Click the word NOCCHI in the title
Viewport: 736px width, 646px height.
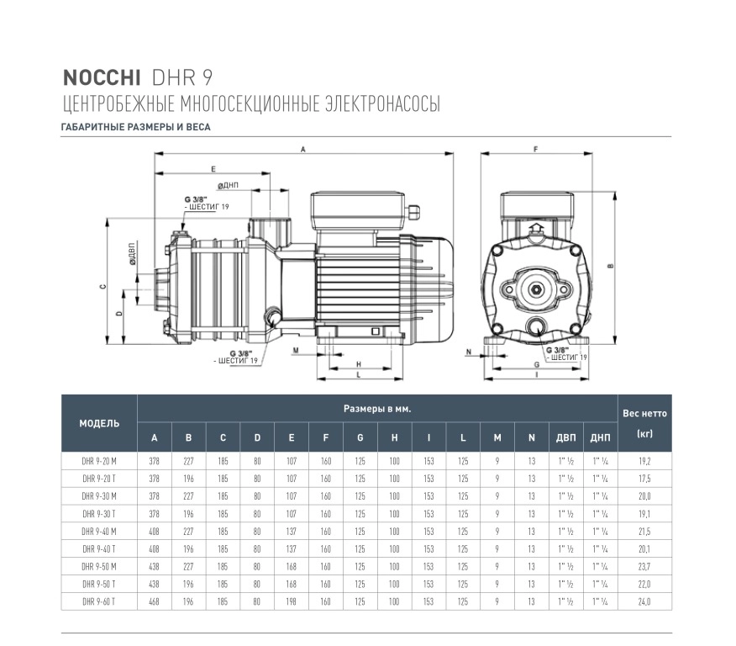pos(102,78)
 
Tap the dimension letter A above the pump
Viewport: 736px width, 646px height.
pos(303,150)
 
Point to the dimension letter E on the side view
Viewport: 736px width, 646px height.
pos(213,169)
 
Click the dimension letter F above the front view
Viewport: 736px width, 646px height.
pos(535,150)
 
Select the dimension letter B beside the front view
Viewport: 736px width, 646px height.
pos(610,266)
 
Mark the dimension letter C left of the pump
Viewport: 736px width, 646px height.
pos(103,287)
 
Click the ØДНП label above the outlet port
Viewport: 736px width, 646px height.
pos(229,185)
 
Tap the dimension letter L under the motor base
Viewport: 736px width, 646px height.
pos(359,374)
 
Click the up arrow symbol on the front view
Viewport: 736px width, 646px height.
pos(536,230)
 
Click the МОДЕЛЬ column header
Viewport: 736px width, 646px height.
pos(99,423)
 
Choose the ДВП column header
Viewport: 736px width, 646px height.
pos(565,437)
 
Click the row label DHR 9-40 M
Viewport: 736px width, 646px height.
pos(99,532)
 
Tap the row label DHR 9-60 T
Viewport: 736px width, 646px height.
pos(99,601)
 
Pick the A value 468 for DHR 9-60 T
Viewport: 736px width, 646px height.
pos(154,601)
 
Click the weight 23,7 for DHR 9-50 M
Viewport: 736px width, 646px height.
pos(644,567)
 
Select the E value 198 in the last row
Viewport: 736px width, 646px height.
pos(292,601)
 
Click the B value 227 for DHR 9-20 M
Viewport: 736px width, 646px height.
pos(188,461)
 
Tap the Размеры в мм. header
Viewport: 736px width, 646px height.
pos(377,409)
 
